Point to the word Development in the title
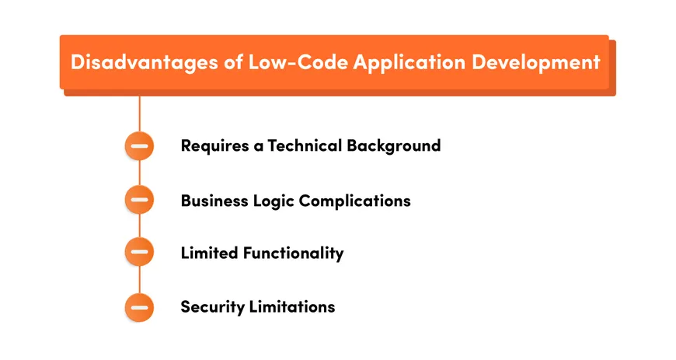[x=535, y=62]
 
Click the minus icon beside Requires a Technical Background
[x=140, y=146]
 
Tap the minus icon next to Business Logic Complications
[x=140, y=200]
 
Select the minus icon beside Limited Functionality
[x=140, y=253]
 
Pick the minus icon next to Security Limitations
[x=140, y=306]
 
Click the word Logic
[x=273, y=201]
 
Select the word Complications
[x=355, y=201]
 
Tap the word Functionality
[x=293, y=253]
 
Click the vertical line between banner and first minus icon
[x=140, y=113]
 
